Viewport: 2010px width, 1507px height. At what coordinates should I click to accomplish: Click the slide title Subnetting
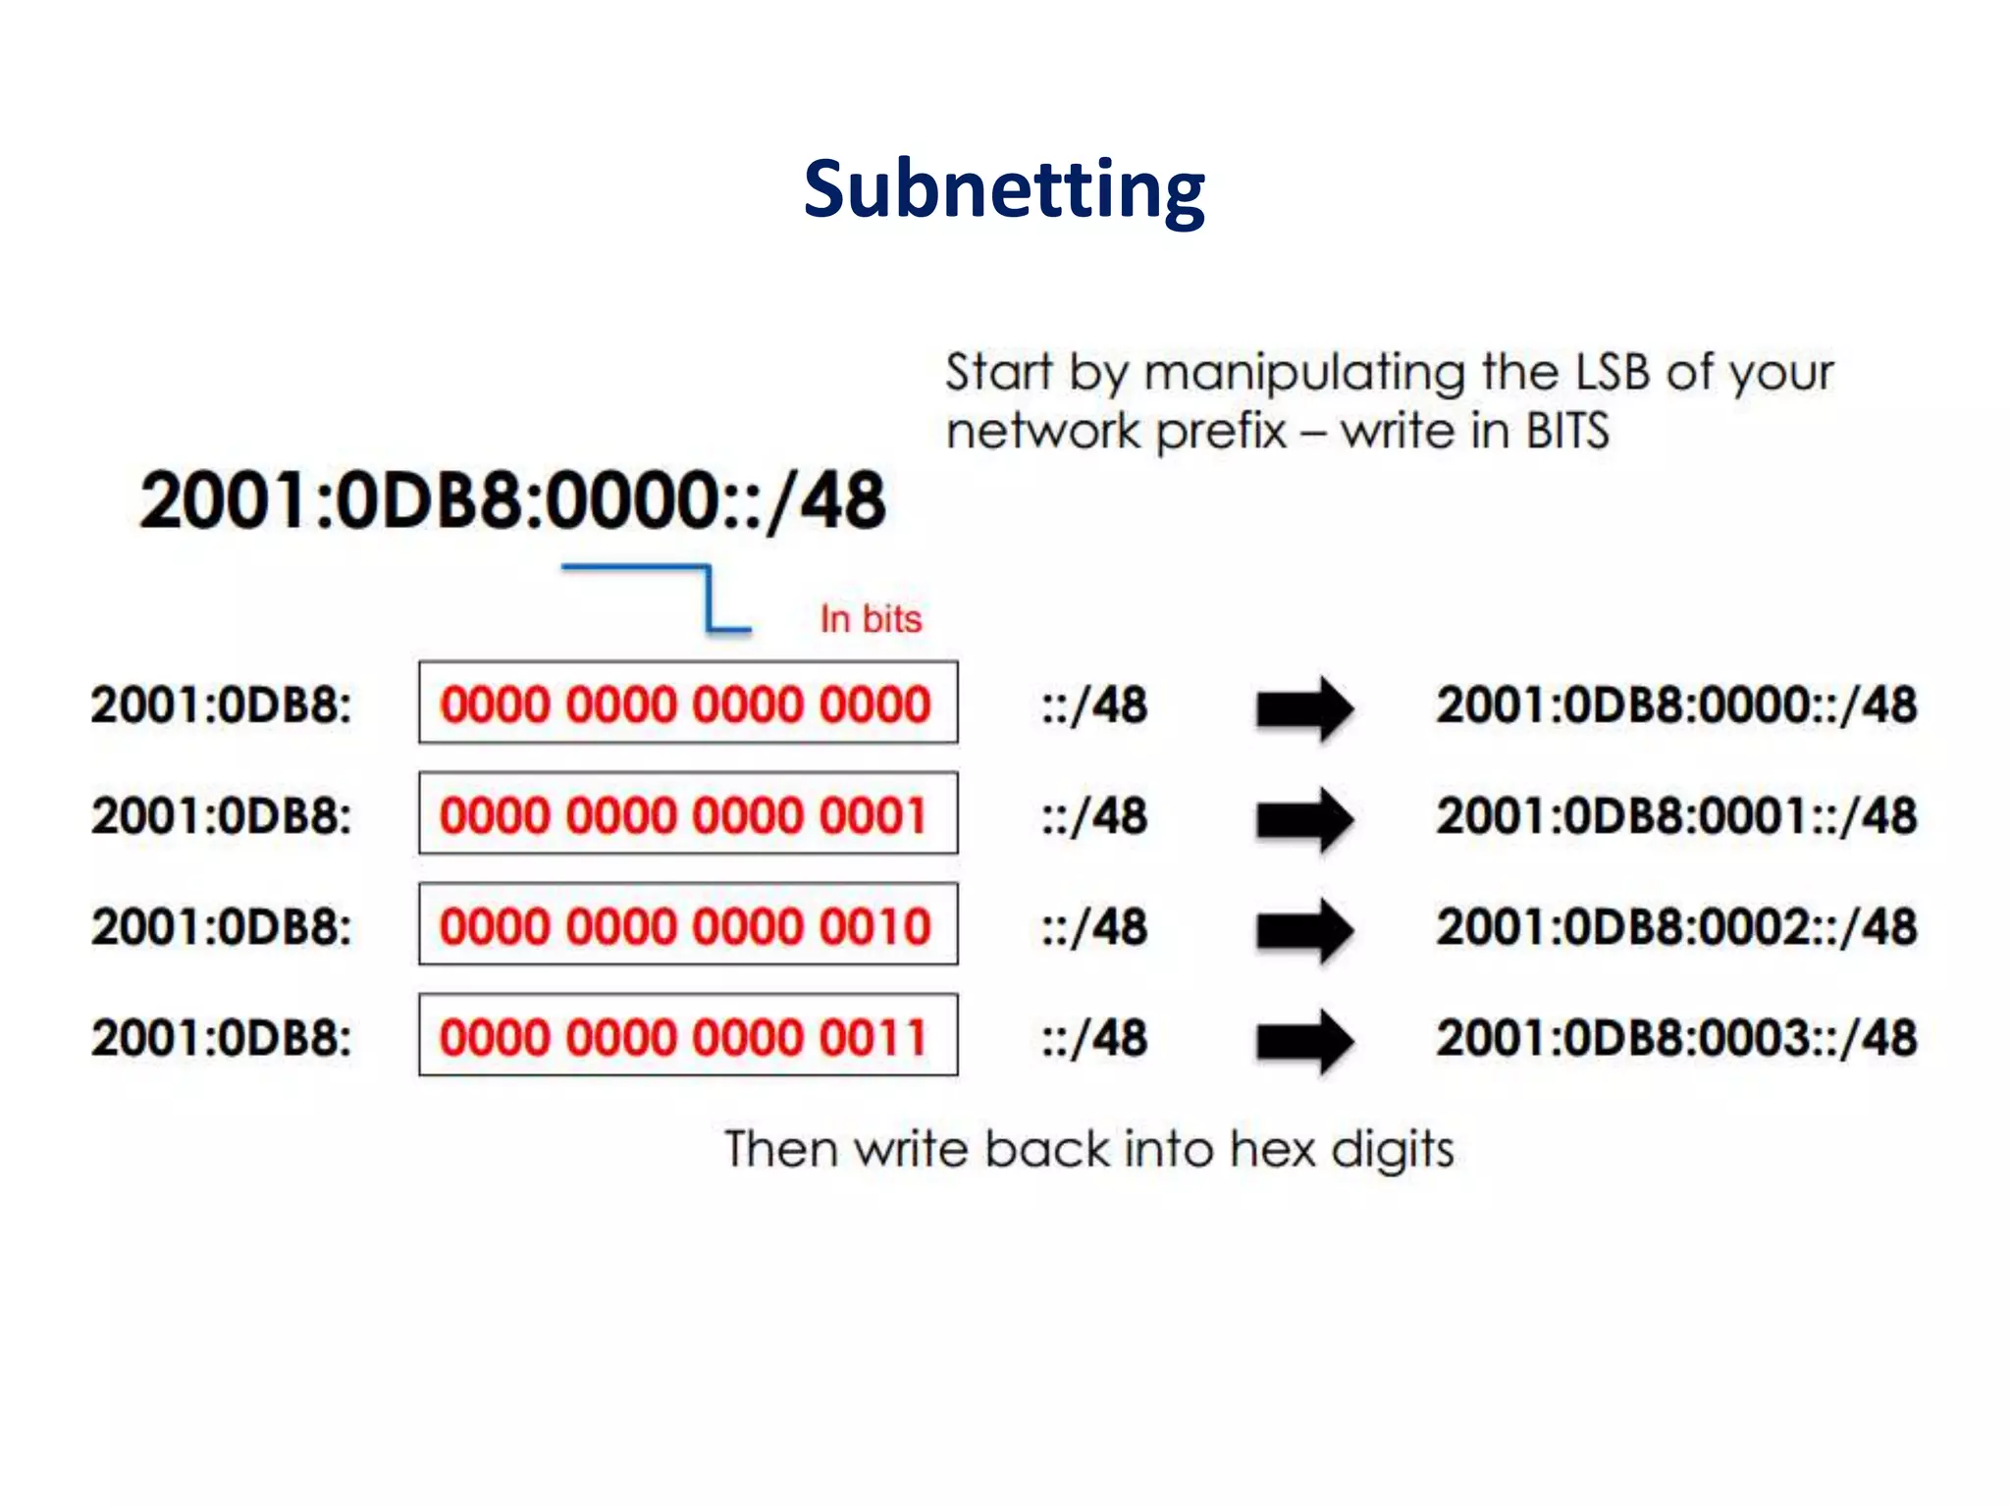click(1004, 189)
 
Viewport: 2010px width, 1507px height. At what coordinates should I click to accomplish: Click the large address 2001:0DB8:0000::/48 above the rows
click(512, 500)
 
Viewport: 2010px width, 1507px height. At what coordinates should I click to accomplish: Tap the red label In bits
click(871, 619)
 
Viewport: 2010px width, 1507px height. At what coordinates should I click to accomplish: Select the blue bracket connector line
click(707, 596)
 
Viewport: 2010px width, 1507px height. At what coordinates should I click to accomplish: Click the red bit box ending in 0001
click(687, 814)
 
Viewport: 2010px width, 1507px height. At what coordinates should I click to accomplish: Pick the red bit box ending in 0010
click(687, 925)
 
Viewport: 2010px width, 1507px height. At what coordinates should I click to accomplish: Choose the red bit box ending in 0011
click(687, 1036)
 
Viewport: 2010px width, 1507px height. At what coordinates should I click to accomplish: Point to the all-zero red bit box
click(687, 703)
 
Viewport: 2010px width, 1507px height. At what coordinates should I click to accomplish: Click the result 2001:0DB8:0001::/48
click(1676, 815)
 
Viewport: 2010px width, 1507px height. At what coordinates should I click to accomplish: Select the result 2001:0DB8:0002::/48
click(1676, 926)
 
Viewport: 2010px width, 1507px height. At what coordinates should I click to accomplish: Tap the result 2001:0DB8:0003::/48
click(1676, 1037)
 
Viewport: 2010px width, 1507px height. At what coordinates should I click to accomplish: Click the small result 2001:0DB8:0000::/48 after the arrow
click(1676, 704)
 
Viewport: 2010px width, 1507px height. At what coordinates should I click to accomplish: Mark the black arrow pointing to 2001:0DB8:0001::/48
click(1304, 818)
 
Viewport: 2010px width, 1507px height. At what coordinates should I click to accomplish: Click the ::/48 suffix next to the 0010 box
click(1094, 926)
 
